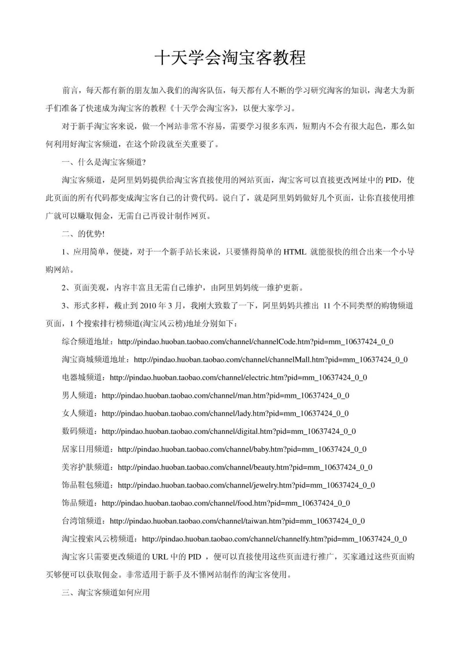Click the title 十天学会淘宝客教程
pyautogui.click(x=230, y=58)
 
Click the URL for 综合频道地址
pyautogui.click(x=255, y=342)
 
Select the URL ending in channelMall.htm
pyautogui.click(x=270, y=360)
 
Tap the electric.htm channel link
pyautogui.click(x=238, y=378)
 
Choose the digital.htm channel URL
pyautogui.click(x=229, y=431)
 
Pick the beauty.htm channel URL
pyautogui.click(x=245, y=467)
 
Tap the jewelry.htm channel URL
pyautogui.click(x=246, y=485)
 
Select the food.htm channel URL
pyautogui.click(x=226, y=503)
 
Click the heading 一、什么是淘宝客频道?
pyautogui.click(x=104, y=162)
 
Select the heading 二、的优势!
pyautogui.click(x=83, y=234)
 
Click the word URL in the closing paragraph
pyautogui.click(x=160, y=557)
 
